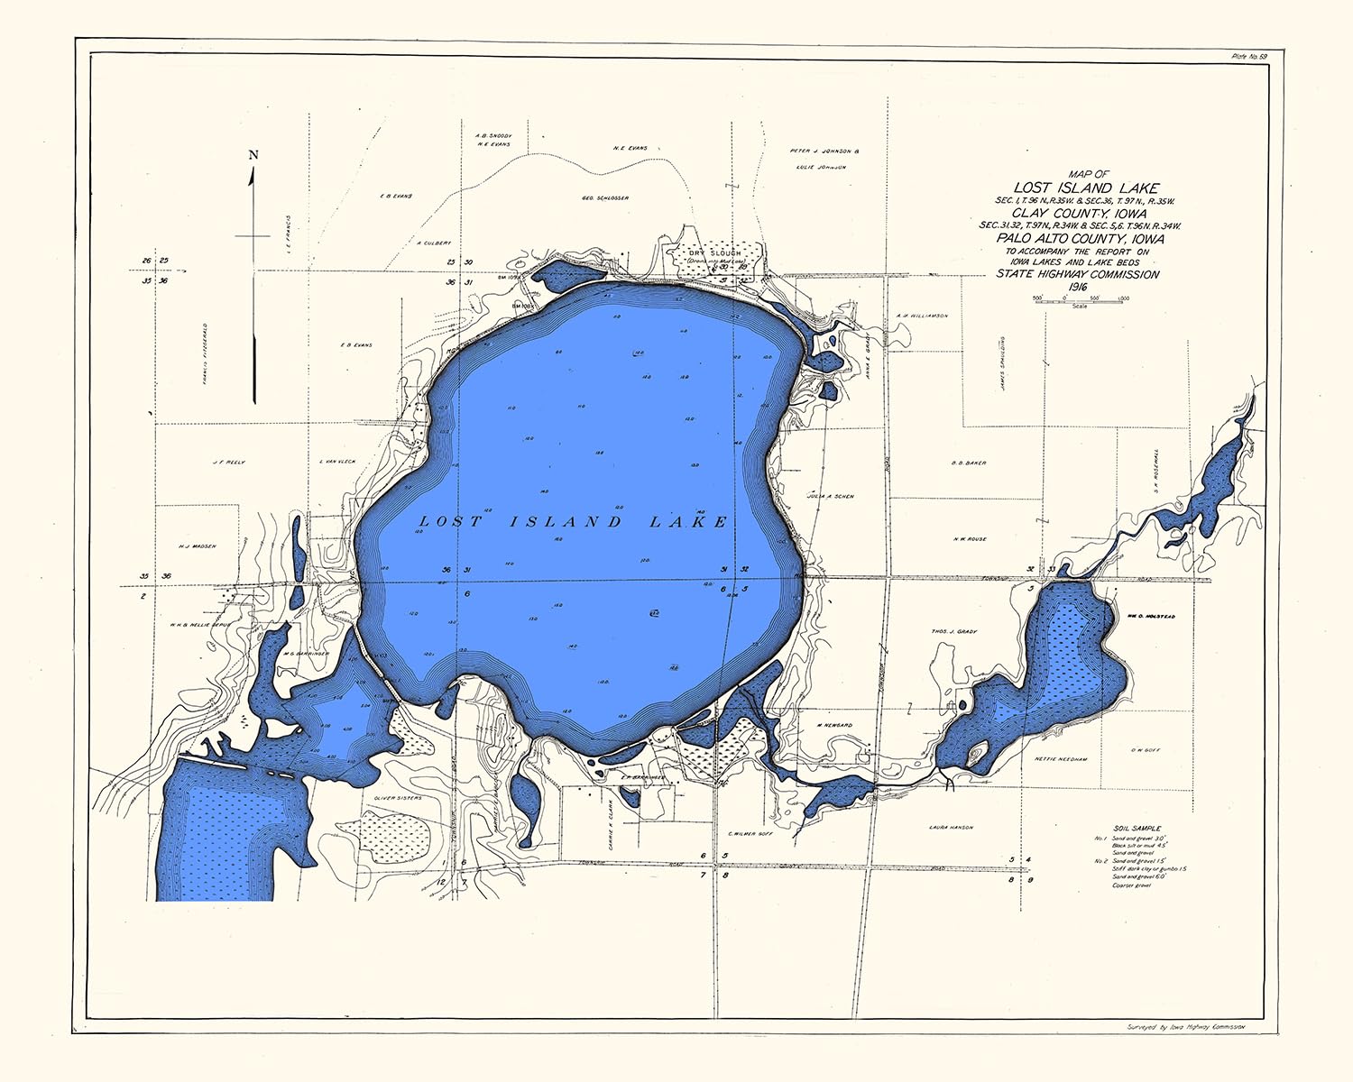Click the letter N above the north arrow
pos(253,154)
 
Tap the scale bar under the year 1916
pos(1079,300)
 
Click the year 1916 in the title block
pos(1077,287)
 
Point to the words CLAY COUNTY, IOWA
pos(1078,214)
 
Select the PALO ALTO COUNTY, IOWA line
pos(1080,239)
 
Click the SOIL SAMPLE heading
pos(1137,828)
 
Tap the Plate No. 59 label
pos(1249,57)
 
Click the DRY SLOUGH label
pos(713,253)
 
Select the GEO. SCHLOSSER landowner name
pos(605,197)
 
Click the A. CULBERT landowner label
pos(435,243)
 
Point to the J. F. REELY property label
pos(228,463)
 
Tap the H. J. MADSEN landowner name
pos(198,546)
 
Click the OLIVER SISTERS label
pos(397,798)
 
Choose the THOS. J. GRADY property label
pos(953,632)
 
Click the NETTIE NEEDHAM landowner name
pos(1061,759)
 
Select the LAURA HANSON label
pos(951,827)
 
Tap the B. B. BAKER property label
pos(969,463)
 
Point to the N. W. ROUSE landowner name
pos(970,539)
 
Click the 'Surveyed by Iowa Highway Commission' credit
pos(1185,1027)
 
